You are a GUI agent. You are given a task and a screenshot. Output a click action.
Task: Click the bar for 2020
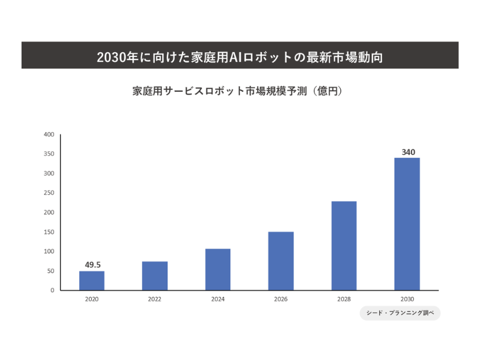coord(92,281)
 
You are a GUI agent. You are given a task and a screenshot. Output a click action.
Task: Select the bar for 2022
coord(155,276)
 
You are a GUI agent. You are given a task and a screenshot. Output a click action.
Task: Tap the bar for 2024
coord(218,269)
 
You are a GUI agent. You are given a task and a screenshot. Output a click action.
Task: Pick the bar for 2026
coord(281,261)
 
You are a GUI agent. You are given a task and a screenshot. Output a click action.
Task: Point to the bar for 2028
coord(344,246)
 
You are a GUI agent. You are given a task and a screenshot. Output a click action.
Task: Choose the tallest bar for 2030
coord(407,224)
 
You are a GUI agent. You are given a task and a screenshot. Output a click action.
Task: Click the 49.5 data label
coord(92,264)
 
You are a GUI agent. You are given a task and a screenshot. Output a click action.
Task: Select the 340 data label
coord(408,152)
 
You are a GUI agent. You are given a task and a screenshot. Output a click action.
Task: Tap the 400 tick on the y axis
coord(49,134)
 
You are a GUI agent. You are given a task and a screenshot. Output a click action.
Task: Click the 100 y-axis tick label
coord(49,251)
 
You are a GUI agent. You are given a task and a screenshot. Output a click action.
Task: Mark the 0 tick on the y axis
coord(52,290)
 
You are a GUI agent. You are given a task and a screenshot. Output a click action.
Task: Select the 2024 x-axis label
coord(218,299)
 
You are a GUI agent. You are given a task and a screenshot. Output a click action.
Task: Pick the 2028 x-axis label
coord(344,299)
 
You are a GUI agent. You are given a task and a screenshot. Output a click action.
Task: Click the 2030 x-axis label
coord(407,299)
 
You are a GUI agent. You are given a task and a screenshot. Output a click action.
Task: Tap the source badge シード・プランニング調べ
coord(400,314)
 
